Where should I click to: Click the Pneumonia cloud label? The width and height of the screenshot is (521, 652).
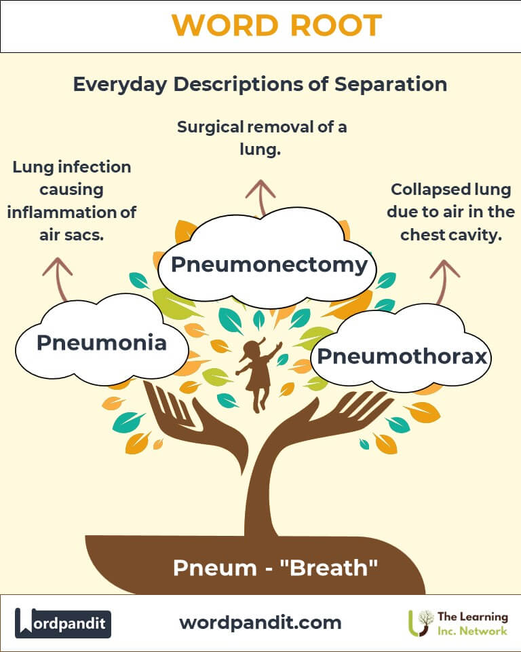tap(101, 343)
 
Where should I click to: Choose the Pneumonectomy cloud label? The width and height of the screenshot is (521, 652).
tap(269, 264)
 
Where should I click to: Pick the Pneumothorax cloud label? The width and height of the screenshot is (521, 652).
tap(402, 356)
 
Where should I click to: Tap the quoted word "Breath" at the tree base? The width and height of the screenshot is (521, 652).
tap(332, 568)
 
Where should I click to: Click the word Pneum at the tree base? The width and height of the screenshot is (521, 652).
tap(208, 568)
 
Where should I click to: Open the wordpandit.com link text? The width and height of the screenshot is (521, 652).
tap(260, 622)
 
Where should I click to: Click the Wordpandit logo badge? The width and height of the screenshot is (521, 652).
tap(63, 623)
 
